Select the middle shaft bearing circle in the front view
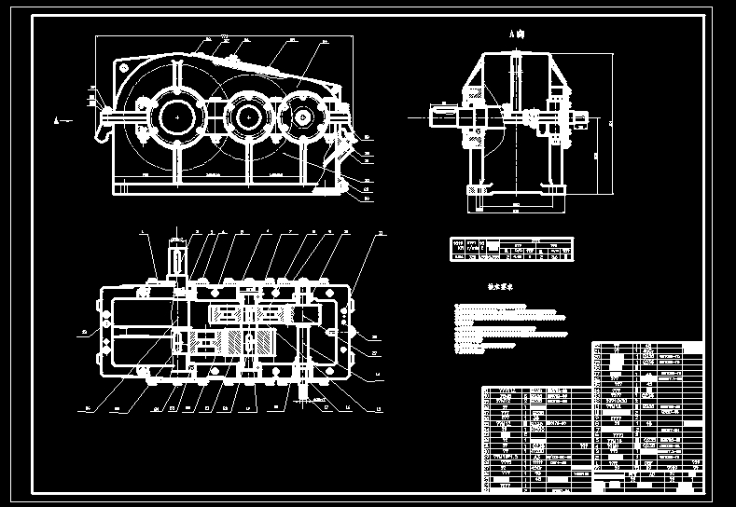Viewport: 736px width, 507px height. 246,116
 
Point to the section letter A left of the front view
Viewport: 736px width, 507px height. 59,119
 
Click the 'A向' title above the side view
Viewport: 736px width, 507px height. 516,34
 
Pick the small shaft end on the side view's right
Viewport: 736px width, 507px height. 580,118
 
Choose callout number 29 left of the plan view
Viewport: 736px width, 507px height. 84,330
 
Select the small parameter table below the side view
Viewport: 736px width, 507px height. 512,249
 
